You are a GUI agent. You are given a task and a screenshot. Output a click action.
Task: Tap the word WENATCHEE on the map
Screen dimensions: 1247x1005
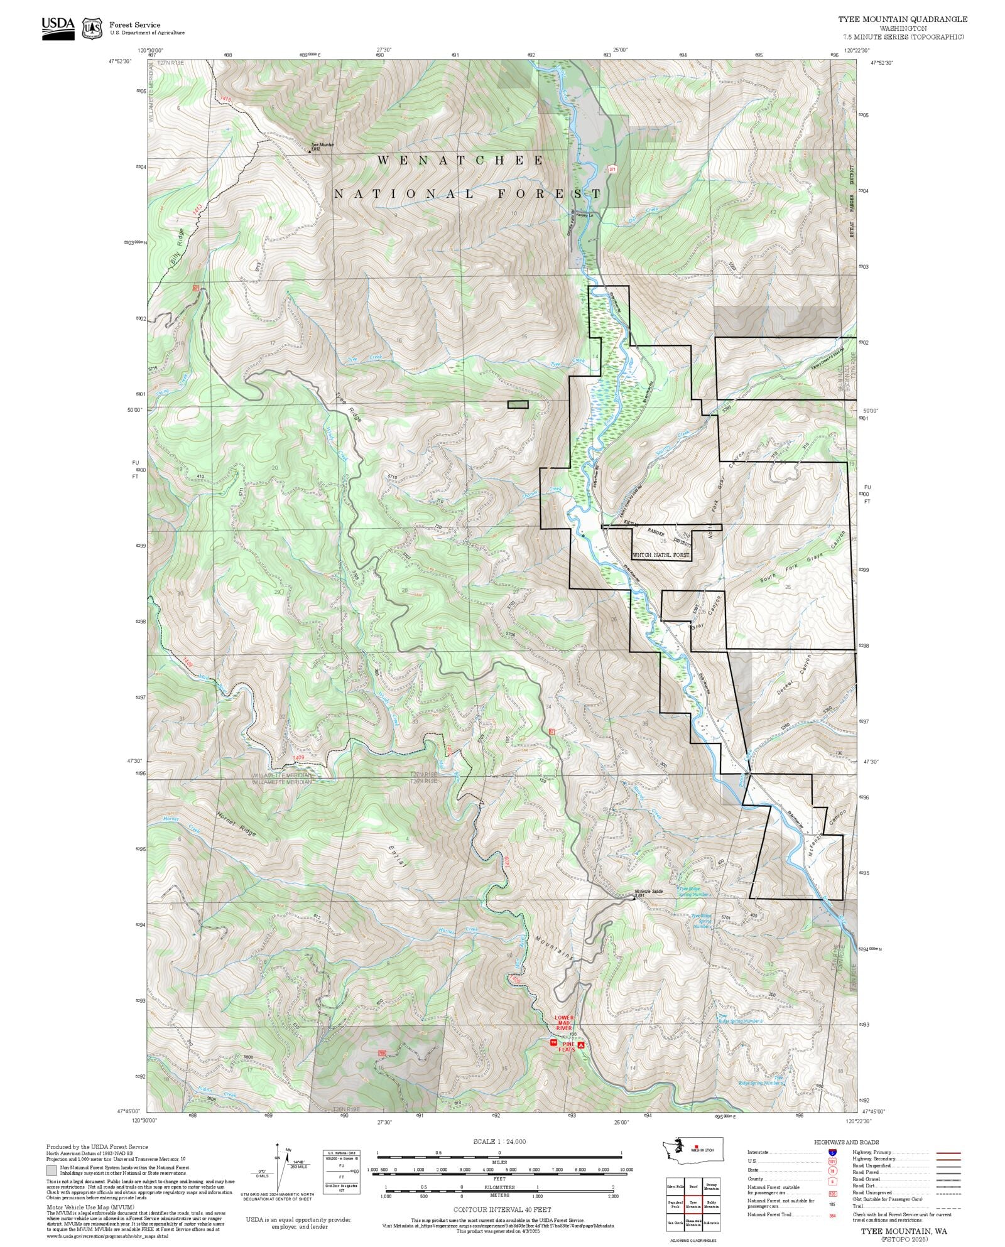460,161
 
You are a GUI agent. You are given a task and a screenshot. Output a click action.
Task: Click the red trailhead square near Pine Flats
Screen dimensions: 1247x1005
553,1042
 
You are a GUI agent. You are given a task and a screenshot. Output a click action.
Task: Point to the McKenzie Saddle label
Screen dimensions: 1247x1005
648,892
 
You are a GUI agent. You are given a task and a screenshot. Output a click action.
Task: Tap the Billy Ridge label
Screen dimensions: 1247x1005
177,247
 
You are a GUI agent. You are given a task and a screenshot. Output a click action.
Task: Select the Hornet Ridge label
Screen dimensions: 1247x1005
236,824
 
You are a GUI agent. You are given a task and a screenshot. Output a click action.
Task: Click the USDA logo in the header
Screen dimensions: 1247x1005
58,28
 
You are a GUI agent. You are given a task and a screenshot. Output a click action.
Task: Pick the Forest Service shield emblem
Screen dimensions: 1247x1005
93,28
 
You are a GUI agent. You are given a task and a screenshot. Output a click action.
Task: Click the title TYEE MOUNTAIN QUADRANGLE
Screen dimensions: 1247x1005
903,19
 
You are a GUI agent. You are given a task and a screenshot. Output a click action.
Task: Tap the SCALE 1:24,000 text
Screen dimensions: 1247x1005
499,1142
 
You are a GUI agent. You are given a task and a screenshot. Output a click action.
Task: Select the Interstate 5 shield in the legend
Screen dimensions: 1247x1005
832,1153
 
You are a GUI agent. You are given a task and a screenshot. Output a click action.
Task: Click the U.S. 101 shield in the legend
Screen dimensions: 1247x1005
832,1161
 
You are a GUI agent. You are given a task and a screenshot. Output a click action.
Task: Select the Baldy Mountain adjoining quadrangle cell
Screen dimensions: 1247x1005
711,1204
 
